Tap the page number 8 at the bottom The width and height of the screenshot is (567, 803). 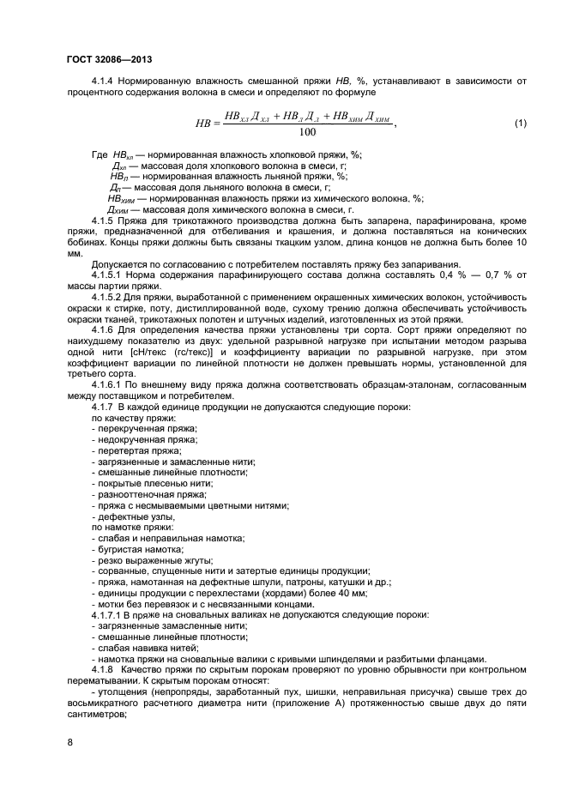(x=70, y=743)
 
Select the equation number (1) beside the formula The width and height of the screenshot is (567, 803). (x=520, y=124)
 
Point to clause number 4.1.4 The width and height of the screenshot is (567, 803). (x=106, y=81)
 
